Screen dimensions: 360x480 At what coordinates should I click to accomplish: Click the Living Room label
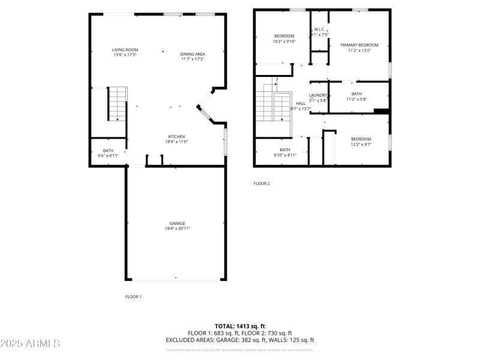coord(125,49)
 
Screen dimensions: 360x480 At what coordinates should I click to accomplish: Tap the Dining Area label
coord(193,54)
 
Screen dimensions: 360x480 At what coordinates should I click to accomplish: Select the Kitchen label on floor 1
coord(176,136)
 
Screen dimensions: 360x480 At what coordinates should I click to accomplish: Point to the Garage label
coord(176,223)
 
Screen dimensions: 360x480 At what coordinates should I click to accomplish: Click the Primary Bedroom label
coord(360,45)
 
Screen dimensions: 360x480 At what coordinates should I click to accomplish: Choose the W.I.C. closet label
coord(319,29)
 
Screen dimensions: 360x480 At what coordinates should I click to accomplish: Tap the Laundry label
coord(318,95)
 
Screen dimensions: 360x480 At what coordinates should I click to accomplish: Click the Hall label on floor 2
coord(301,103)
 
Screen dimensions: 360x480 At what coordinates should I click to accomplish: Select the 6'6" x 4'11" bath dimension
coord(108,155)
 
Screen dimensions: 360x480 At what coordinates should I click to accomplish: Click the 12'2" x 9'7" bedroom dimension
coord(361,144)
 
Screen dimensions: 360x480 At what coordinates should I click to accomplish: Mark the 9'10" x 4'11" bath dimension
coord(285,154)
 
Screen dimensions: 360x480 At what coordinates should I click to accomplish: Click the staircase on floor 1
coord(117,103)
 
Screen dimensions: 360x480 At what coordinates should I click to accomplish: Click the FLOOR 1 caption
coord(133,296)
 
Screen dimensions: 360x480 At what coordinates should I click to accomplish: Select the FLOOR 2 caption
coord(262,184)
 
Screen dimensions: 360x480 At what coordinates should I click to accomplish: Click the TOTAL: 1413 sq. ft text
coord(240,326)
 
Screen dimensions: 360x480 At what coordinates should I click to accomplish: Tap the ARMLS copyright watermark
coord(30,344)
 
